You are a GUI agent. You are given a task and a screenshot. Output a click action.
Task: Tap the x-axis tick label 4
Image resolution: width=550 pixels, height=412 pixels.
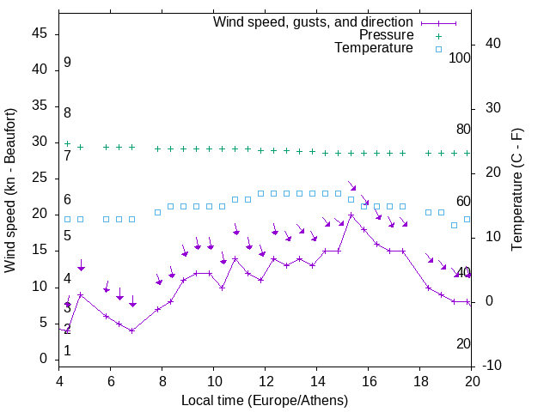(x=59, y=381)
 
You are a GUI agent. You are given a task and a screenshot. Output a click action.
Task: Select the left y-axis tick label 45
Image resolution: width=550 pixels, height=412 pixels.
(x=40, y=33)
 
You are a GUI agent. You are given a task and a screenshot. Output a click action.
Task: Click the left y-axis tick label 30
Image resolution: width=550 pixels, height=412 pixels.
(x=40, y=142)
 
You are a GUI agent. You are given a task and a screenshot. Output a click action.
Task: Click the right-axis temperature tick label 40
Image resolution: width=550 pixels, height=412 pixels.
(x=493, y=43)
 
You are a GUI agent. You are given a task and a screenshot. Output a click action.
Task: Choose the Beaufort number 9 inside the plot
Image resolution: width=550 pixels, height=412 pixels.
(x=67, y=63)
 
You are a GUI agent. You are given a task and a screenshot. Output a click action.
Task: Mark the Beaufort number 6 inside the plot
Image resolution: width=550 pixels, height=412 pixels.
(x=67, y=200)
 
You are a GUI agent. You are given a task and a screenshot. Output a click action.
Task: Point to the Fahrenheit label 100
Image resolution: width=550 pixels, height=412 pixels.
(x=461, y=58)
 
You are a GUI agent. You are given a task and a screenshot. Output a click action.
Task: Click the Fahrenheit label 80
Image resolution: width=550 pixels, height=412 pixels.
(x=464, y=130)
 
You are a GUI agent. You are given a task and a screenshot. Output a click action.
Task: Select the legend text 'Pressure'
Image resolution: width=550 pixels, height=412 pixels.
(x=386, y=35)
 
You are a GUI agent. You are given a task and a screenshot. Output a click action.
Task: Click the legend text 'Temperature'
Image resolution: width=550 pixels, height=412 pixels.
(x=374, y=48)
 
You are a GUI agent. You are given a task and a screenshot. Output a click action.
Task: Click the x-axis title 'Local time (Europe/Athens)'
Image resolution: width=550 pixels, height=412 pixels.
(x=266, y=400)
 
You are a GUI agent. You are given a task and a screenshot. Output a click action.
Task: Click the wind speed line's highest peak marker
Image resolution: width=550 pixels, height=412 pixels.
(x=351, y=215)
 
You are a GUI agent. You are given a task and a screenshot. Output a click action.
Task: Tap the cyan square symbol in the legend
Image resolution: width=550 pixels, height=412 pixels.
(x=437, y=49)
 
